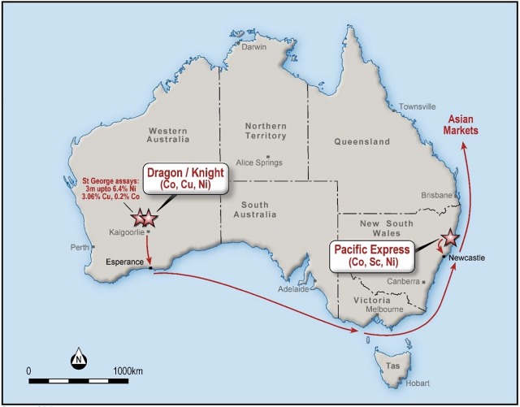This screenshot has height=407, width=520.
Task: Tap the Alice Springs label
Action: pos(257,162)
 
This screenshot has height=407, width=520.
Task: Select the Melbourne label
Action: pos(384,310)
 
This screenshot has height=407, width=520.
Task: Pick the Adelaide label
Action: pos(292,289)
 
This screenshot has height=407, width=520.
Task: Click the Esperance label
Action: pos(126,262)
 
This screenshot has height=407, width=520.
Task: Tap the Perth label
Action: pos(79,247)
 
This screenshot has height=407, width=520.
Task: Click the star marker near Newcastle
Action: pos(449,240)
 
